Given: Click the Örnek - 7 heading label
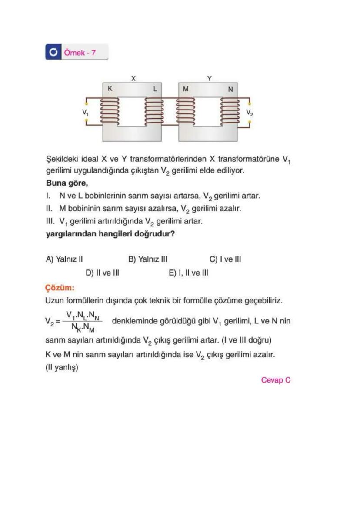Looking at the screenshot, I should point(80,53).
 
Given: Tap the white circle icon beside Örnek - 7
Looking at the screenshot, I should point(53,53).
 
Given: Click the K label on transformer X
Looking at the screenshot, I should point(110,88).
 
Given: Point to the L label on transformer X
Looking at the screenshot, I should point(154,89).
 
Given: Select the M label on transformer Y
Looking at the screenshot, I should point(186,89).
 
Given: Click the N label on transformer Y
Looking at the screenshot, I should point(230,89).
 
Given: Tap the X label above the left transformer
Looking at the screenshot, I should point(133,78).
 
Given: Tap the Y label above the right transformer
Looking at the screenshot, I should point(209,78).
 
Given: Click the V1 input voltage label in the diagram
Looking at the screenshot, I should point(85,112).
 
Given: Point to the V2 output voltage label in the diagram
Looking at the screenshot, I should point(249,112).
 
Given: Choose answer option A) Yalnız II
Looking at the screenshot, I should point(64,259).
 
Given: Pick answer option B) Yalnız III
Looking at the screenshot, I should point(147,259).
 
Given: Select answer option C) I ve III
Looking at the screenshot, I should point(225,259).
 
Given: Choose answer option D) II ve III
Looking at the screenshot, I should point(102,273).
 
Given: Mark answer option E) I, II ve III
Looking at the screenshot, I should point(188,273).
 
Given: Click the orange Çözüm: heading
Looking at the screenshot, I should point(60,288).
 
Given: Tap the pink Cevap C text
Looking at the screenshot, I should point(276,380).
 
